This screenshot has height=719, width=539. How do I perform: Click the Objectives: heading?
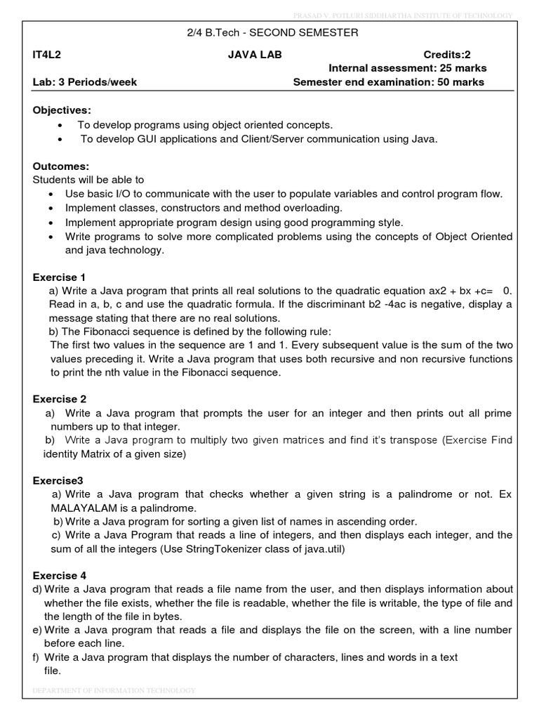pyautogui.click(x=62, y=110)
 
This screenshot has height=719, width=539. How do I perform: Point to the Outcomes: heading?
pyautogui.click(x=61, y=166)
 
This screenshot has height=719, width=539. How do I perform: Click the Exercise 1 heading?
pyautogui.click(x=59, y=277)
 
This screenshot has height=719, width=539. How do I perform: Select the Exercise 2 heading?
pyautogui.click(x=59, y=399)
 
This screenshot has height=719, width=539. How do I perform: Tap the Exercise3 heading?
pyautogui.click(x=58, y=480)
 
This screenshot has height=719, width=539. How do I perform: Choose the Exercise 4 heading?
pyautogui.click(x=59, y=576)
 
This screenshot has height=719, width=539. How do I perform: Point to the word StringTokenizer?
pyautogui.click(x=224, y=548)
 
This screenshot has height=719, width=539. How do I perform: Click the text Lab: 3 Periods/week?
pyautogui.click(x=85, y=82)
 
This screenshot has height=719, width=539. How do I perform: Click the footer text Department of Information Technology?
pyautogui.click(x=114, y=691)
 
